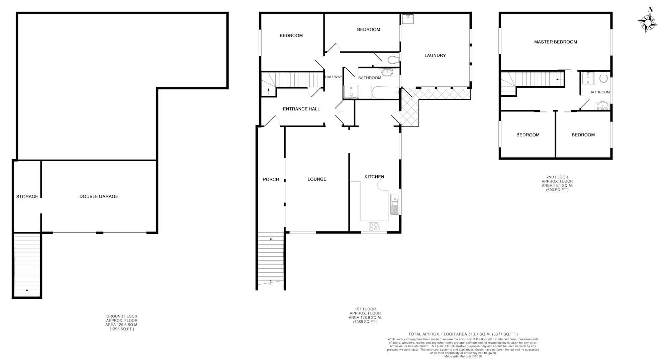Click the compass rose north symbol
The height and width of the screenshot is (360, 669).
[648, 20]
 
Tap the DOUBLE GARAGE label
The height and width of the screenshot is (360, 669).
[99, 196]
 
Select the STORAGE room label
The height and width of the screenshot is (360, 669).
[27, 197]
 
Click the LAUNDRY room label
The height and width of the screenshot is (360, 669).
[435, 56]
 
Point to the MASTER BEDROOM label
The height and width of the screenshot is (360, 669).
[556, 42]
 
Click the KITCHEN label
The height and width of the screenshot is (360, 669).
[374, 177]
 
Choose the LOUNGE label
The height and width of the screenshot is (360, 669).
[317, 179]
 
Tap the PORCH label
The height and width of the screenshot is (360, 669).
[271, 179]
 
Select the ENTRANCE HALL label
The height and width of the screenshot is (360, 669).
[301, 109]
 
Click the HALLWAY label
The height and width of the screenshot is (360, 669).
[334, 77]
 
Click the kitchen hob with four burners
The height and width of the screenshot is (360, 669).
[374, 227]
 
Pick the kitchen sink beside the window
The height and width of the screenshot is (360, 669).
[395, 204]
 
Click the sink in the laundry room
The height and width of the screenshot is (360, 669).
[408, 19]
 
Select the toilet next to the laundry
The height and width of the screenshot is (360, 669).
[393, 60]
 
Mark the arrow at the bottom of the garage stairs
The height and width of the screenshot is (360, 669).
[27, 290]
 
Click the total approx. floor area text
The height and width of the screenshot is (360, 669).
[463, 334]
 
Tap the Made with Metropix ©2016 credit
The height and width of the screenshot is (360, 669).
[463, 356]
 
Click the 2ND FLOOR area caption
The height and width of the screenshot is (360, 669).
[555, 183]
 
